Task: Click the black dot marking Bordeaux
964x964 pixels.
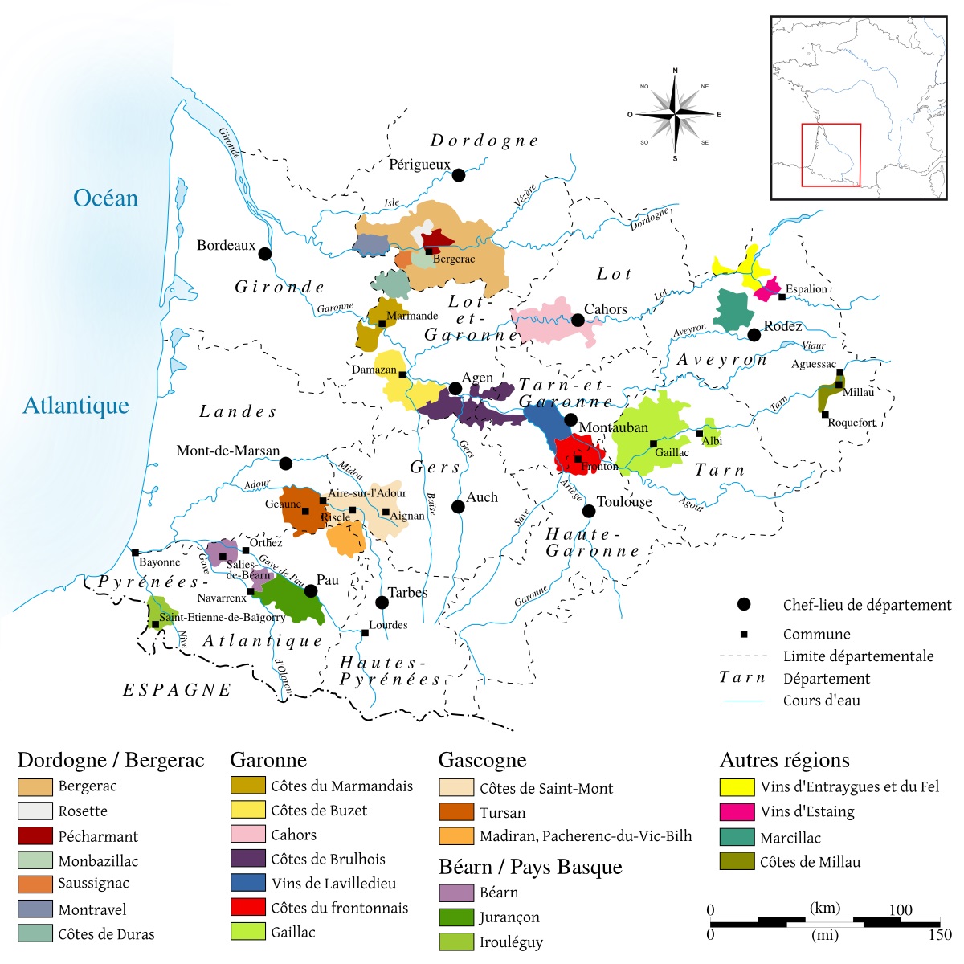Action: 265,254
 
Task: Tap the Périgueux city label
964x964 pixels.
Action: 419,165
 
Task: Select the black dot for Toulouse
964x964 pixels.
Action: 589,511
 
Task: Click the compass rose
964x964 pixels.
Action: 675,115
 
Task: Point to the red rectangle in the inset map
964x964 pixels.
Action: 831,155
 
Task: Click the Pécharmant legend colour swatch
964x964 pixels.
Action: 35,835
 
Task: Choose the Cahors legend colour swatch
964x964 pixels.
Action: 247,834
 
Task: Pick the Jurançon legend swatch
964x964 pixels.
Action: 456,917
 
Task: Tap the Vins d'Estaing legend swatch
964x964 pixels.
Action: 737,811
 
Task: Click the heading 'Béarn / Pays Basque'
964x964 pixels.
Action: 530,867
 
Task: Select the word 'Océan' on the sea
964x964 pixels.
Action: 105,198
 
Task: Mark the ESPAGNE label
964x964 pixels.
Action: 177,690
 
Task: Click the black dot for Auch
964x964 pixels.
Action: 458,507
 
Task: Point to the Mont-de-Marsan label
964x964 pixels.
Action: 228,451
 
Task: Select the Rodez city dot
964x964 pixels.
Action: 754,335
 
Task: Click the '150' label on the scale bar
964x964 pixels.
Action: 939,935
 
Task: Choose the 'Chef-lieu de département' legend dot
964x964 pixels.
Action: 744,604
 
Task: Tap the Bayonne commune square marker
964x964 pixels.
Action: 135,552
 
